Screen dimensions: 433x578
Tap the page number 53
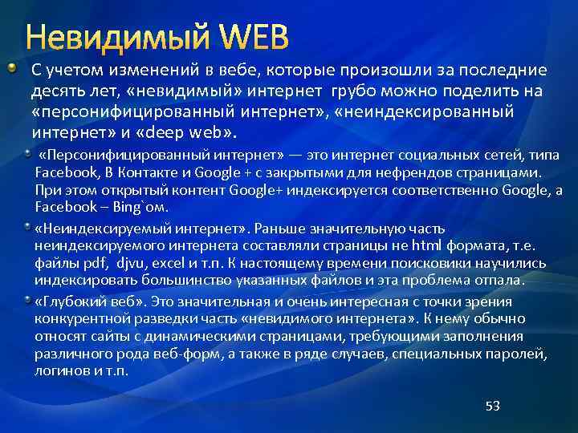pos(492,406)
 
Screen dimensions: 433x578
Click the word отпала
pos(499,280)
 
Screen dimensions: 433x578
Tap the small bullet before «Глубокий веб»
pos(28,299)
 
